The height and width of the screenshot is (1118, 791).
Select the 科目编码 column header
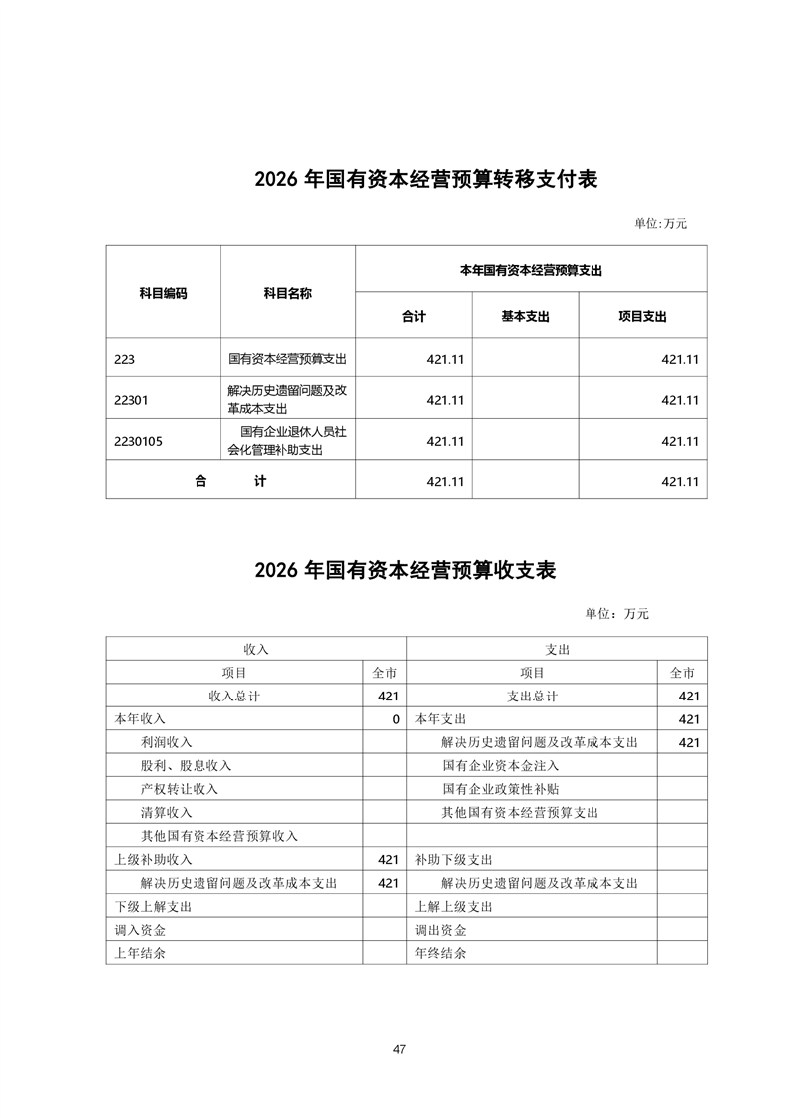point(163,293)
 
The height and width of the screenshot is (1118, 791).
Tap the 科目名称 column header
point(287,293)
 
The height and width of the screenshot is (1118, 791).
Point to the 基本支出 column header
point(526,316)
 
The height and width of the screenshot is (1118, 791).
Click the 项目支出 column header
point(642,316)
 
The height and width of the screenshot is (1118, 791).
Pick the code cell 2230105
point(138,440)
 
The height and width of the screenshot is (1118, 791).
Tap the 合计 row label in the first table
point(230,481)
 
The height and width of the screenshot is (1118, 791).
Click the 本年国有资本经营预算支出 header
point(532,269)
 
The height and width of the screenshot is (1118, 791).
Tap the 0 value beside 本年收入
point(395,719)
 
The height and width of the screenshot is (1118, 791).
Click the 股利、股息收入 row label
point(187,765)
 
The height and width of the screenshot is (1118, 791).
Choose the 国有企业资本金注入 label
point(501,765)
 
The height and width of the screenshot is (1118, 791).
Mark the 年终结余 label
point(441,953)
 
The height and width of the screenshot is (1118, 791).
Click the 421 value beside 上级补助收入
point(388,859)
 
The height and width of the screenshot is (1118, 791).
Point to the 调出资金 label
point(441,930)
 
